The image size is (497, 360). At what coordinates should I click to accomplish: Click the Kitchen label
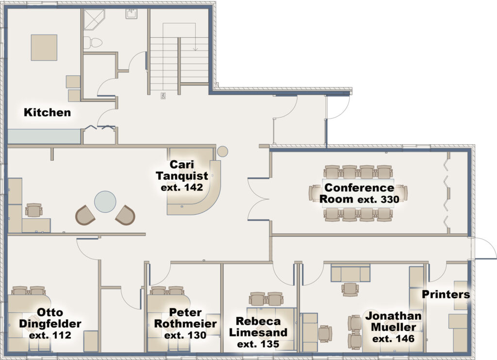point(47,112)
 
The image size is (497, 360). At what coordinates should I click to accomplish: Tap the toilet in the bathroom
point(93,42)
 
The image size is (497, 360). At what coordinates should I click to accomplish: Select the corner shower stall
point(95,19)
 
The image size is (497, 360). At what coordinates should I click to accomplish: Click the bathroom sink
point(131,14)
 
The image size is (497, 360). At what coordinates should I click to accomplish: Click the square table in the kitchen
point(44,48)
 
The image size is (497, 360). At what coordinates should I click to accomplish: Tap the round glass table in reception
point(105,202)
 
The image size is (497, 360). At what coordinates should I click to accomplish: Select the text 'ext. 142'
point(182,188)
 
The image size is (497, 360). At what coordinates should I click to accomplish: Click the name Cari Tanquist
point(182,170)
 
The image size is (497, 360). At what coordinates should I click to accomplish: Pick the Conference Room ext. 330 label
point(359,193)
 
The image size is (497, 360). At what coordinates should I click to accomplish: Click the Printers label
point(446,294)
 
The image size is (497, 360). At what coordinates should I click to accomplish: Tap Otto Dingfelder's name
point(50,318)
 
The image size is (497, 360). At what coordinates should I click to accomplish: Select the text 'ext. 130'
point(185,335)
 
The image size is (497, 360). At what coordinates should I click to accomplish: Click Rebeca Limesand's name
point(258,326)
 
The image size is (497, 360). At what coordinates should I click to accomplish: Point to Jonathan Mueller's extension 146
point(393,339)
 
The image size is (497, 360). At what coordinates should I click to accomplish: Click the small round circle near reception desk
point(222,151)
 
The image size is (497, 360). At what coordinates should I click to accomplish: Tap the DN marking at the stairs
point(163,96)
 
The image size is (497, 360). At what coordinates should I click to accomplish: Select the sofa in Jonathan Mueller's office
point(350,273)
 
